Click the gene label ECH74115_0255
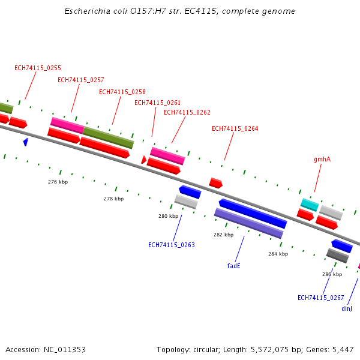tap(38, 68)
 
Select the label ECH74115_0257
tap(81, 80)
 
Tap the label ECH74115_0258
tap(122, 92)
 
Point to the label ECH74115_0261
tap(158, 103)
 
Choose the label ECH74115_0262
tap(187, 112)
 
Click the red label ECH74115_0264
tap(235, 128)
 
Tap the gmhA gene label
tap(322, 160)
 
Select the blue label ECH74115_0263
tap(172, 245)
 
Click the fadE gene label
tap(234, 265)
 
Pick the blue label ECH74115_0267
tap(321, 298)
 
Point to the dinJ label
tap(347, 308)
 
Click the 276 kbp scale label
tap(58, 182)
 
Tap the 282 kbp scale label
tap(223, 235)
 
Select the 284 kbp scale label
tap(278, 254)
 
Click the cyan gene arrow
tap(310, 204)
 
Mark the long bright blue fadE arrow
tap(253, 214)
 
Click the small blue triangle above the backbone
tap(26, 142)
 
